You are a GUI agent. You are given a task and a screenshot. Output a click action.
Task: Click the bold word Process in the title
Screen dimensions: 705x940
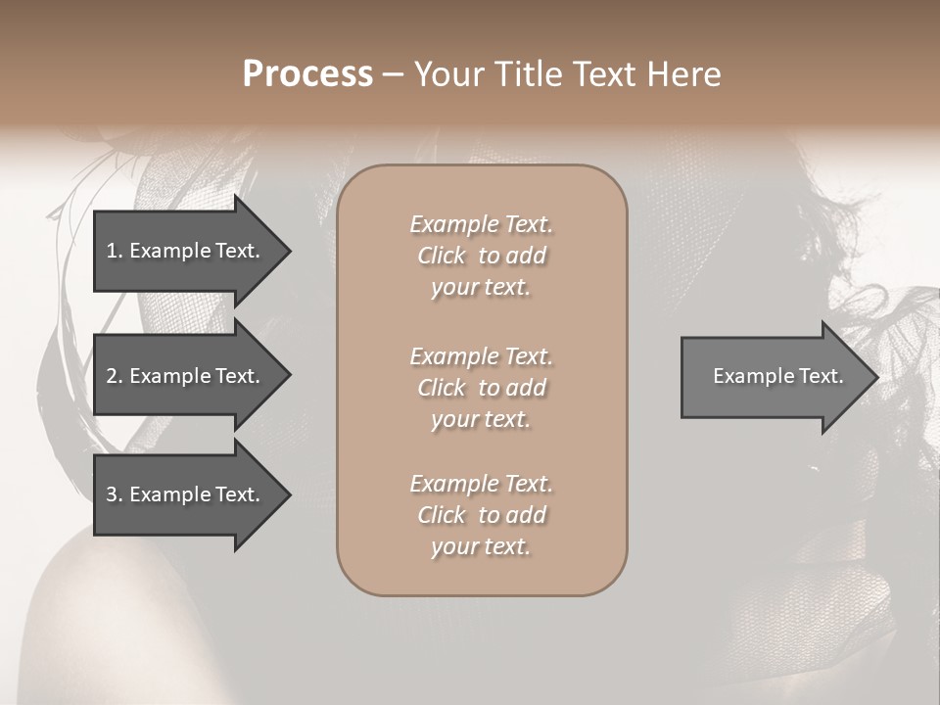tap(307, 74)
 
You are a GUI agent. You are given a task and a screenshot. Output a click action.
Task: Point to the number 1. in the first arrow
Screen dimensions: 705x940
tap(115, 251)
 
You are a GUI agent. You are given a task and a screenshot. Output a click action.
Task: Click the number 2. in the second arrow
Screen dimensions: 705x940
tap(115, 376)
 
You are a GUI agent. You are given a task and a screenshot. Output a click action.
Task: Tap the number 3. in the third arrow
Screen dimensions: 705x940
tap(115, 494)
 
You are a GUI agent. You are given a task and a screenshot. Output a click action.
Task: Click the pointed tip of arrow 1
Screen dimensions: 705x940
tap(287, 251)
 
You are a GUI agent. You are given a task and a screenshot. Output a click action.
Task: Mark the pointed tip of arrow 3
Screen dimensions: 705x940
tap(287, 494)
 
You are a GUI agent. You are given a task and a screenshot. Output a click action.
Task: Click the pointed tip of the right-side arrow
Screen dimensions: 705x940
tap(874, 376)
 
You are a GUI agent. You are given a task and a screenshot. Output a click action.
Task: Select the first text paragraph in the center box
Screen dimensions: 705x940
tap(481, 256)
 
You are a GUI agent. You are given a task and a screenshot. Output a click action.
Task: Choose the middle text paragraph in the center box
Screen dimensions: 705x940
tap(481, 388)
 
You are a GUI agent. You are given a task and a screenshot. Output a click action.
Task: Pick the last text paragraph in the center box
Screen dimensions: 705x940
tap(481, 515)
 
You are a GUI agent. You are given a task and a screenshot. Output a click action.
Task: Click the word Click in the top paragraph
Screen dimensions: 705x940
tap(442, 256)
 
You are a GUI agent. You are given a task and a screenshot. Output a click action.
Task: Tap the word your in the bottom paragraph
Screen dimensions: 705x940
tap(452, 546)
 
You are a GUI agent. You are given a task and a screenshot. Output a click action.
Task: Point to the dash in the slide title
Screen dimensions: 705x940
tap(393, 74)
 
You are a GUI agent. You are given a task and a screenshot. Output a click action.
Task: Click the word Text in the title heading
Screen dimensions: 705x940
tap(602, 74)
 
